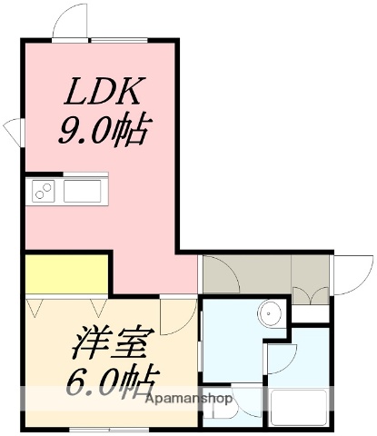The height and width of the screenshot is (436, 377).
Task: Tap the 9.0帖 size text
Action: (x=103, y=133)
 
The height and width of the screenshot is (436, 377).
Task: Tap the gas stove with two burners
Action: (x=44, y=191)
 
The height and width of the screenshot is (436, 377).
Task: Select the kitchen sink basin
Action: (x=84, y=191)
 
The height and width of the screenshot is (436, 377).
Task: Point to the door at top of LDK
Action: (x=71, y=24)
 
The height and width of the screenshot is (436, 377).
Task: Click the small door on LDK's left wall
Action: (x=15, y=131)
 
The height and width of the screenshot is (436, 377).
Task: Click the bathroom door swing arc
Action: (x=280, y=360)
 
